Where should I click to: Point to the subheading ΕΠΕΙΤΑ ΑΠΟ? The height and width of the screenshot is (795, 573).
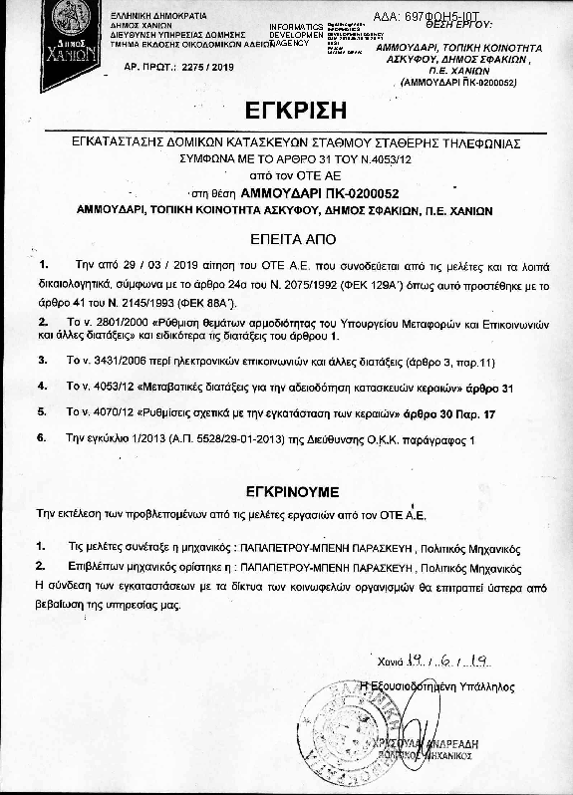(x=285, y=240)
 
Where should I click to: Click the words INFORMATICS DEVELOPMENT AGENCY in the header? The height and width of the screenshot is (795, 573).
(x=296, y=34)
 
